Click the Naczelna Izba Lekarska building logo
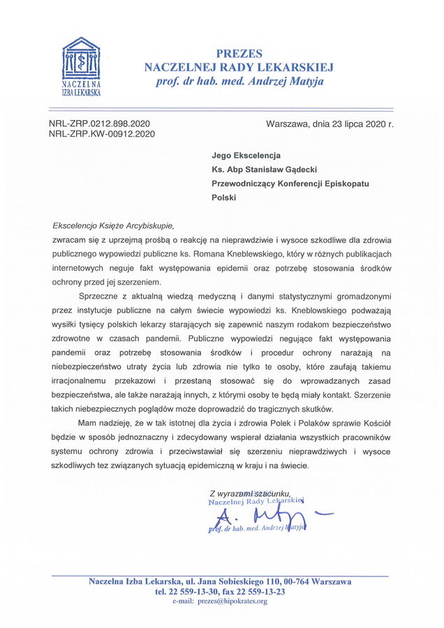click(x=81, y=61)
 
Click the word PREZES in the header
click(x=239, y=54)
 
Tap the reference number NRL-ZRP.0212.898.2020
click(x=100, y=124)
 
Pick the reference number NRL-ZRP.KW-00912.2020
click(x=102, y=134)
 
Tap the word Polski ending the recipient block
click(x=224, y=197)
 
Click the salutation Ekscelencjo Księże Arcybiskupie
click(x=112, y=225)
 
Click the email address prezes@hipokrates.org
click(x=232, y=601)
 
